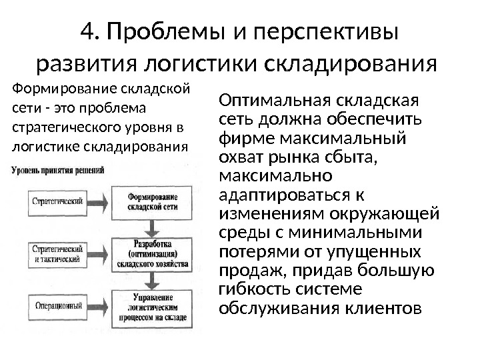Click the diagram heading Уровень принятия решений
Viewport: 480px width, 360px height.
57,171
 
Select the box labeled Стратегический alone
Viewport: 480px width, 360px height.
57,201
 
